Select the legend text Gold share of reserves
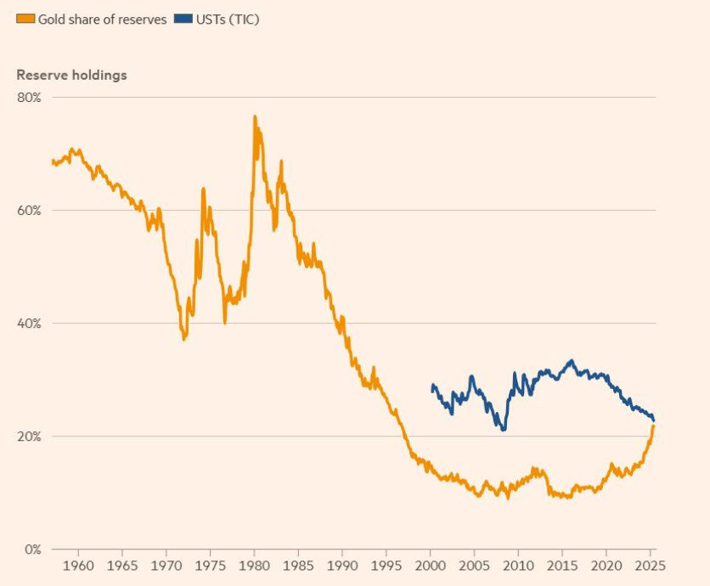pyautogui.click(x=102, y=20)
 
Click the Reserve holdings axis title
pyautogui.click(x=71, y=75)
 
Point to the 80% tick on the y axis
pyautogui.click(x=29, y=98)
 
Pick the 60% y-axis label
pyautogui.click(x=29, y=211)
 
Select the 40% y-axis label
pyautogui.click(x=29, y=324)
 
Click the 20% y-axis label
pyautogui.click(x=29, y=437)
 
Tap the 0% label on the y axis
pyautogui.click(x=32, y=549)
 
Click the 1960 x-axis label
pyautogui.click(x=78, y=566)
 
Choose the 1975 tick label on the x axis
pyautogui.click(x=210, y=566)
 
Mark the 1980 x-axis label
pyautogui.click(x=254, y=566)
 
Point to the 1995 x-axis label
pyautogui.click(x=386, y=566)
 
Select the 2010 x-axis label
pyautogui.click(x=518, y=566)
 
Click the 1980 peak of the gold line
pyautogui.click(x=254, y=116)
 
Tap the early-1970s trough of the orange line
pyautogui.click(x=183, y=340)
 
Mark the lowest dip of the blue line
pyautogui.click(x=504, y=430)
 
